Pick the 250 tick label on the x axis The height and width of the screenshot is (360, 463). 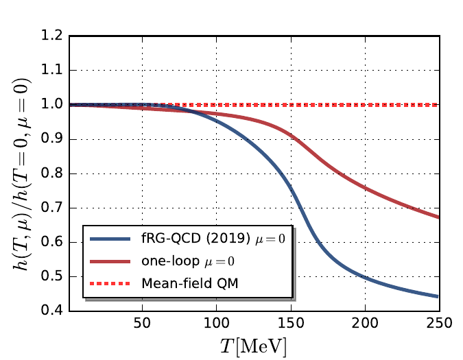[x=438, y=323]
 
